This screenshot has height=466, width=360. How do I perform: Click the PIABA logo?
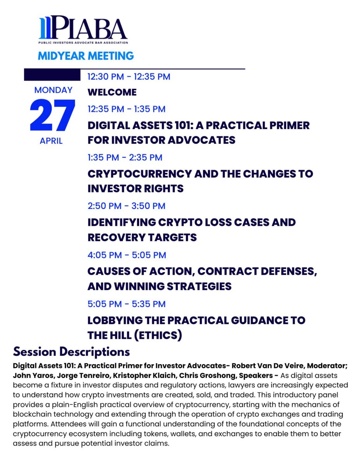83,30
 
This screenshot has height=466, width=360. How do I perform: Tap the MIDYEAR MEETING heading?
86,56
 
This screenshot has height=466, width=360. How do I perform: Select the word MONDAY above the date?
53,90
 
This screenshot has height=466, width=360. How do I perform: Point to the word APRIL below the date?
51,141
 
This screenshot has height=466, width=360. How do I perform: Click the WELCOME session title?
112,92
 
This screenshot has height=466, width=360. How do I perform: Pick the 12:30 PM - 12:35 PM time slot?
129,77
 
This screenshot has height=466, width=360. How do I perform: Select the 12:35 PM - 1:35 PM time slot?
127,109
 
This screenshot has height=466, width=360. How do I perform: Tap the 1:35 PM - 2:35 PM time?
125,157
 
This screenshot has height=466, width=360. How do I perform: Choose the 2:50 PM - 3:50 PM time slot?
127,206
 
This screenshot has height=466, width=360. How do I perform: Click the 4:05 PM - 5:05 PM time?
127,255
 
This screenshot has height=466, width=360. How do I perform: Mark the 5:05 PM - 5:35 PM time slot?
127,304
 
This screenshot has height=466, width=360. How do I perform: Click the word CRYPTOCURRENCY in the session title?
139,174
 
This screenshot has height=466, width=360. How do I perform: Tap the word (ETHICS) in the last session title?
158,335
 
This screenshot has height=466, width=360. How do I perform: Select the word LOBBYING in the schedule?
115,320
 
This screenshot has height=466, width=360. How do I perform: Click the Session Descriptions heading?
71,352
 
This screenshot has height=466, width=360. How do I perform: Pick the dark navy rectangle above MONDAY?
52,75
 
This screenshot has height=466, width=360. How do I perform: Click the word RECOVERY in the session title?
117,237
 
